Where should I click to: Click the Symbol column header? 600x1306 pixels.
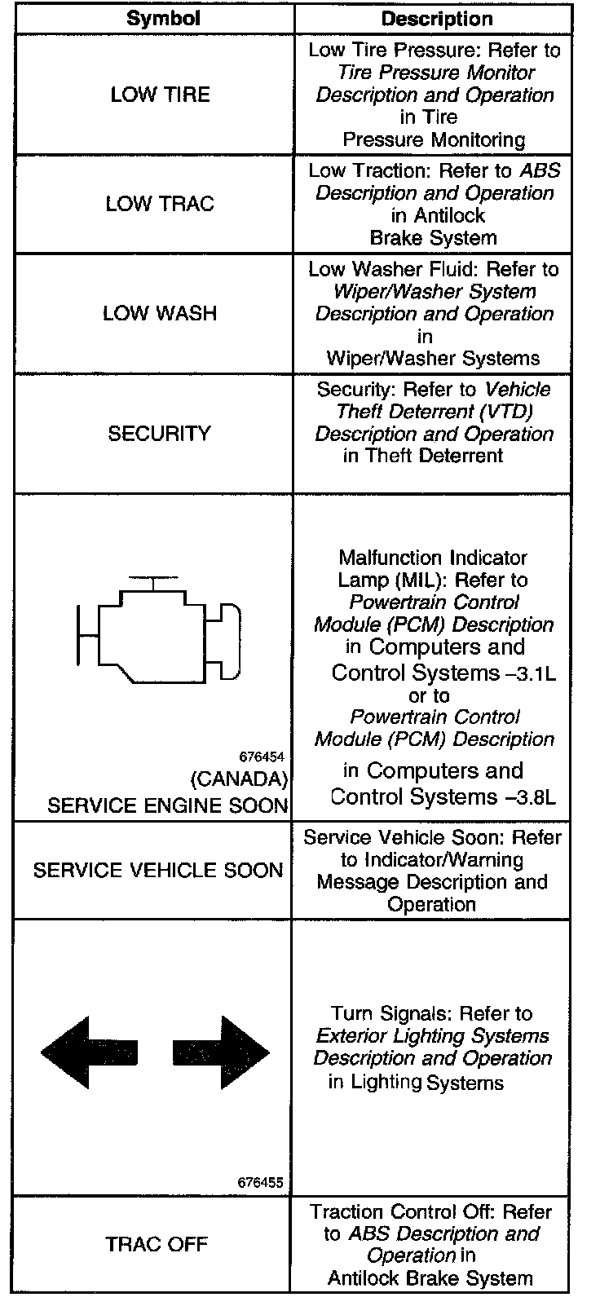tap(163, 20)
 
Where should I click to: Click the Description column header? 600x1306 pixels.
tap(436, 20)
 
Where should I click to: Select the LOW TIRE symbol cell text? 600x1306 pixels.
tap(160, 95)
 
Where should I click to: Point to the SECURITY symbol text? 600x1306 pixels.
tap(159, 433)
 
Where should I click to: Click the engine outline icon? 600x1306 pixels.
tap(160, 628)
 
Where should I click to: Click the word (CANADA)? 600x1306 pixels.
tap(239, 780)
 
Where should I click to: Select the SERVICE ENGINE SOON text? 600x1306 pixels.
tap(167, 805)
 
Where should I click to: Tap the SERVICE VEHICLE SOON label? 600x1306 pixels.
tap(158, 870)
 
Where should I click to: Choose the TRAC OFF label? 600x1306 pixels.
tap(157, 1244)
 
